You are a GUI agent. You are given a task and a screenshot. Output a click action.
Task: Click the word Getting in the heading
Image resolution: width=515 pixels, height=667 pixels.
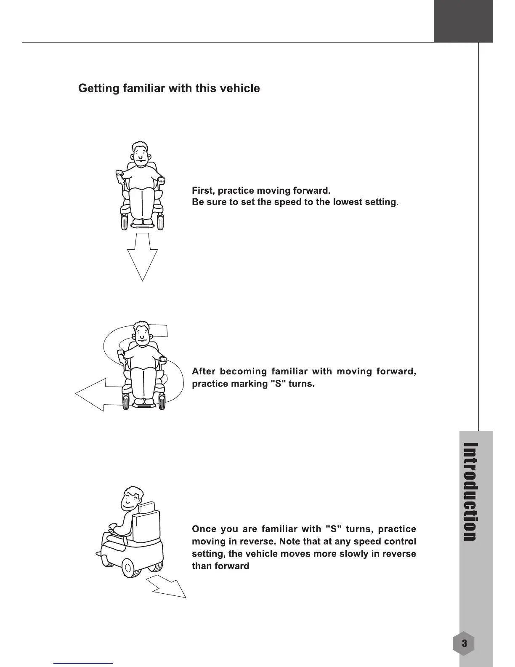(98, 89)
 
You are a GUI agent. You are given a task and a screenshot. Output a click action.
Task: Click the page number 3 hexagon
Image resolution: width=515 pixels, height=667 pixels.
(464, 643)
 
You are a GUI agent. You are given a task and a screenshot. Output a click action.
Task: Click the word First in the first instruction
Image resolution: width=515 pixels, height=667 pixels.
(202, 190)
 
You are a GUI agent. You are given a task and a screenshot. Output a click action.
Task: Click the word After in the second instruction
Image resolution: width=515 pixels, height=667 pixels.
(204, 372)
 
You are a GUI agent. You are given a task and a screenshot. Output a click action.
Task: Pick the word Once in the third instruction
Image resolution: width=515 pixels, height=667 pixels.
(204, 529)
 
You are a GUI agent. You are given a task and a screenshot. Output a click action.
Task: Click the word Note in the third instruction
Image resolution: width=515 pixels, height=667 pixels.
(293, 541)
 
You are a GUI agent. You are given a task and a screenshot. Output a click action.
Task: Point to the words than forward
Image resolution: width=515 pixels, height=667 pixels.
(220, 566)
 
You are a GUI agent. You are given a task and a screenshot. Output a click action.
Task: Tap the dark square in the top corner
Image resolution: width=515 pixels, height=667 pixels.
(463, 21)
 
